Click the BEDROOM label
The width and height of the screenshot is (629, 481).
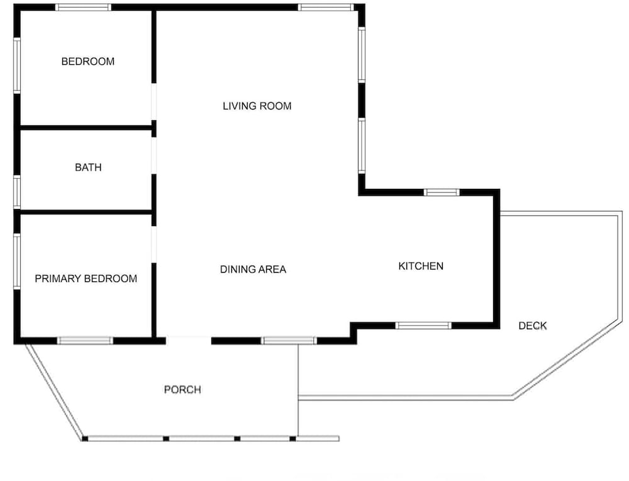click(x=88, y=62)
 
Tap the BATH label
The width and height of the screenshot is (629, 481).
click(x=88, y=167)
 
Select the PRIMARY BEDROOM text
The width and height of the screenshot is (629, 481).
click(x=86, y=279)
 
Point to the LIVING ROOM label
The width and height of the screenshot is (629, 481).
click(x=257, y=106)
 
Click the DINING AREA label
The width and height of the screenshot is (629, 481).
click(x=253, y=269)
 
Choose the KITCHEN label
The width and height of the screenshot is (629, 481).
click(x=421, y=266)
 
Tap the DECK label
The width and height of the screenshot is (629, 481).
click(x=532, y=325)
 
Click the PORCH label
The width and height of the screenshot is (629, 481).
click(x=182, y=390)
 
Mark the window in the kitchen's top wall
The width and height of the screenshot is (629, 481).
click(x=442, y=192)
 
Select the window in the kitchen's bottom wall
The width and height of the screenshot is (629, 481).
click(x=423, y=325)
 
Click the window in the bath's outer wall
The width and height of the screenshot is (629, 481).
click(x=17, y=192)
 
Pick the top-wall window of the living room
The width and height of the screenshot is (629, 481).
click(x=326, y=7)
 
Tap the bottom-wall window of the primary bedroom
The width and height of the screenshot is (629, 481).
click(x=85, y=341)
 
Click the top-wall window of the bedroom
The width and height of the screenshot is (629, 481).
click(x=83, y=7)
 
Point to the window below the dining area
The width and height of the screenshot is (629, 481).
click(x=289, y=341)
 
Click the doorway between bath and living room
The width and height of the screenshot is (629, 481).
click(x=153, y=156)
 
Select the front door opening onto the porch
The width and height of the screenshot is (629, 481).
click(x=189, y=341)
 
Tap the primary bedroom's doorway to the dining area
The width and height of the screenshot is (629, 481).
click(x=153, y=244)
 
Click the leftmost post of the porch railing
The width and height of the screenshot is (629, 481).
click(x=85, y=439)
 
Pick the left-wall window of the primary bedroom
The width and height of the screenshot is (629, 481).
click(x=17, y=262)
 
